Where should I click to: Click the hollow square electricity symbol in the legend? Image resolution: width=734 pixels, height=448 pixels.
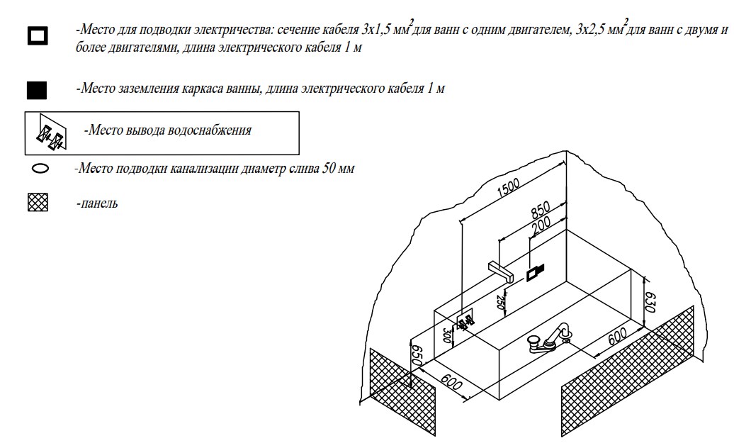38,35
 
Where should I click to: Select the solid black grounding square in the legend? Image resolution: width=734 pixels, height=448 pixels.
37,90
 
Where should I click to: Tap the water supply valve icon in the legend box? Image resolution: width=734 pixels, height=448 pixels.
50,133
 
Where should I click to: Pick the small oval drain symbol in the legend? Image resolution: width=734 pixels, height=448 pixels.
40,169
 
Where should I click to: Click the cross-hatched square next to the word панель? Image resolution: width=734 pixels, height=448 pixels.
38,203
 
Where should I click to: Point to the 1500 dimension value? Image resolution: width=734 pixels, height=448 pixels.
509,187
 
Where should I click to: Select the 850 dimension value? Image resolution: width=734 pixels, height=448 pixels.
541,211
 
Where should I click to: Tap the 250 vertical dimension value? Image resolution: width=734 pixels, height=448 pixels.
502,302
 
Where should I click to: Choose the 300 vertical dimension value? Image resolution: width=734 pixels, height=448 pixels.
447,335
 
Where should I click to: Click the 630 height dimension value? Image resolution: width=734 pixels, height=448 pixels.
651,303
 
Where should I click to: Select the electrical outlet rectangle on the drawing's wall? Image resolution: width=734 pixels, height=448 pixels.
535,272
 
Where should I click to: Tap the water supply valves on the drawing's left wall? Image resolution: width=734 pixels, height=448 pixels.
465,321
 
